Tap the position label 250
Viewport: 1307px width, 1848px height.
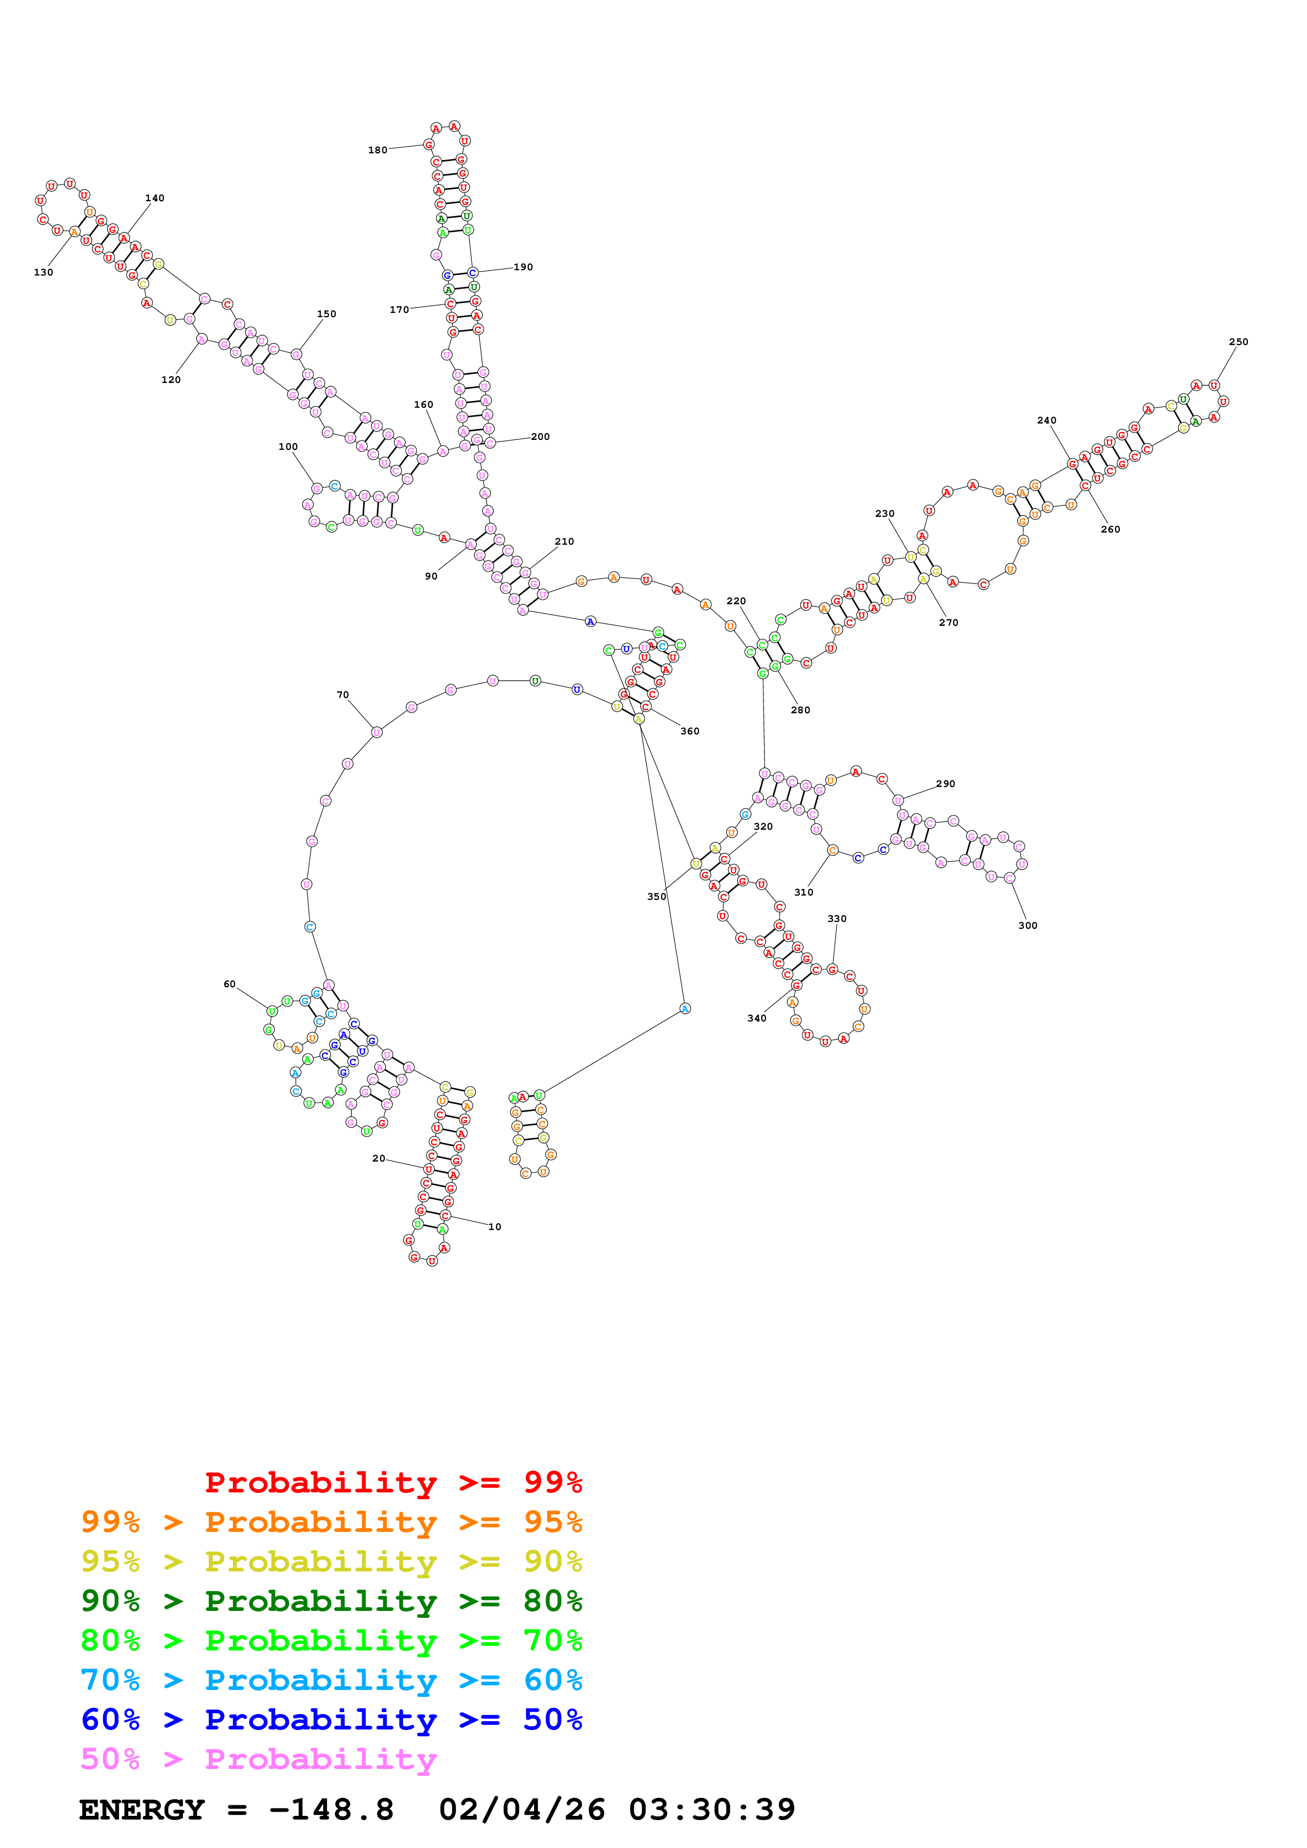tap(1238, 342)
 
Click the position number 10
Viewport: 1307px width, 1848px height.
tap(495, 1226)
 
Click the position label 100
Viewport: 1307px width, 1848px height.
tap(287, 447)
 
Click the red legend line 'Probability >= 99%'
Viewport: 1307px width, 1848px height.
tap(393, 1482)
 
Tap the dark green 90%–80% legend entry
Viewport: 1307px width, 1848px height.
tap(331, 1601)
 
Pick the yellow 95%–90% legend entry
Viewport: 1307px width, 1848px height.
tap(331, 1561)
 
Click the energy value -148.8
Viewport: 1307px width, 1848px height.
tap(331, 1810)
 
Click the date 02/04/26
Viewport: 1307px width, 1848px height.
tap(521, 1810)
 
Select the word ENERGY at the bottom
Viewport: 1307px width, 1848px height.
tap(142, 1810)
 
